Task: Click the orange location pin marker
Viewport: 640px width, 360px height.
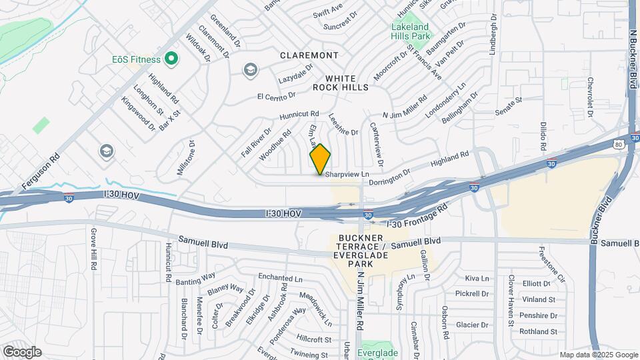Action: (x=321, y=159)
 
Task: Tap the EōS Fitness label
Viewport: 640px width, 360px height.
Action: (x=136, y=59)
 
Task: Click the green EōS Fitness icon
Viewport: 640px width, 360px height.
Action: (x=171, y=59)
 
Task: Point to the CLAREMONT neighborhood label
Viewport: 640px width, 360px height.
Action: (x=309, y=55)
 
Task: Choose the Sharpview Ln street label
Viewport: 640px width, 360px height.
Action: (x=347, y=174)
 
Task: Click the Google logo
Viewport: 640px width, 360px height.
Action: (x=21, y=351)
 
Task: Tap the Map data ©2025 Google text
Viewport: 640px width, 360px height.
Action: (x=598, y=355)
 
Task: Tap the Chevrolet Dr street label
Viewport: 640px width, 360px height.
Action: (x=590, y=97)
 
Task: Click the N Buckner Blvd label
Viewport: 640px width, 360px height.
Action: (x=632, y=53)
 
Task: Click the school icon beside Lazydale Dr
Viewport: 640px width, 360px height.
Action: (x=250, y=69)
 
